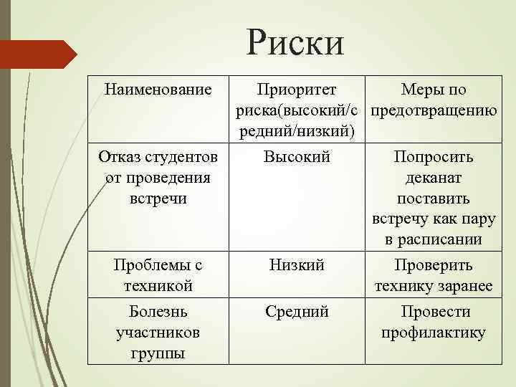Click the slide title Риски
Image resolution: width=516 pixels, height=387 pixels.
click(295, 42)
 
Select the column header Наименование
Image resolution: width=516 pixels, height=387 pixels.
click(158, 90)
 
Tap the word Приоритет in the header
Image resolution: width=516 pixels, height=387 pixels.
click(297, 90)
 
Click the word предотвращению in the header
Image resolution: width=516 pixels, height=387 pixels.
click(434, 110)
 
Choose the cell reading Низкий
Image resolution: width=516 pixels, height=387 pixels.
click(297, 266)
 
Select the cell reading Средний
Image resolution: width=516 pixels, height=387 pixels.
click(297, 312)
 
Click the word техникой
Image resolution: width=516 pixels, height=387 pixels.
click(158, 287)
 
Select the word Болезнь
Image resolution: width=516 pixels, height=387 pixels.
click(158, 312)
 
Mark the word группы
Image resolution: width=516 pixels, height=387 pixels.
click(158, 353)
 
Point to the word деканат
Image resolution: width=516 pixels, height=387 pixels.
click(434, 178)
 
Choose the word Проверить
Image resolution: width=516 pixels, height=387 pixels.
click(434, 266)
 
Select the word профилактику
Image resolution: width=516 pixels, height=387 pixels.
click(434, 333)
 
